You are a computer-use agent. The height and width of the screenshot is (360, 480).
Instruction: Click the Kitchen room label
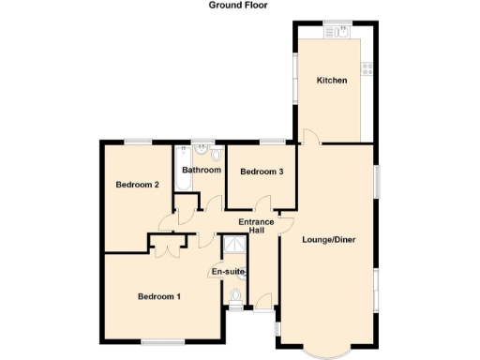(x=332, y=81)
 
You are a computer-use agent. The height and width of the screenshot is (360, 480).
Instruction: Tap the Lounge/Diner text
(x=329, y=239)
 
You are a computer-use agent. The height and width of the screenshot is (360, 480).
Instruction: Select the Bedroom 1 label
(x=159, y=296)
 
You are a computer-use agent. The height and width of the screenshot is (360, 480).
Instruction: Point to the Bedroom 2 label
(x=136, y=185)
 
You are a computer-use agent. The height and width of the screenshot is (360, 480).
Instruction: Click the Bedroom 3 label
(x=262, y=172)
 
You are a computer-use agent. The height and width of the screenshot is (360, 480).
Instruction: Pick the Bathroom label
(x=202, y=170)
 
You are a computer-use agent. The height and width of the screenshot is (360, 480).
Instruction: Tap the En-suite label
(x=228, y=272)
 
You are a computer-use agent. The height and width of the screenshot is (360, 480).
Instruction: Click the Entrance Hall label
(x=255, y=226)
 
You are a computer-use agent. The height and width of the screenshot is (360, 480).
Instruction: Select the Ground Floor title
(x=238, y=6)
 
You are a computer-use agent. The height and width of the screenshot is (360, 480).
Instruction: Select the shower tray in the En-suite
(x=233, y=246)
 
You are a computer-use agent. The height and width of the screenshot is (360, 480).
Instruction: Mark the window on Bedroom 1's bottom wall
(x=162, y=341)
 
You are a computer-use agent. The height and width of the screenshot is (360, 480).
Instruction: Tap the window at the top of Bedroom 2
(x=139, y=142)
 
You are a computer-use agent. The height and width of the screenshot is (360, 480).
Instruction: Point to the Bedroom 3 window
(x=273, y=142)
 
